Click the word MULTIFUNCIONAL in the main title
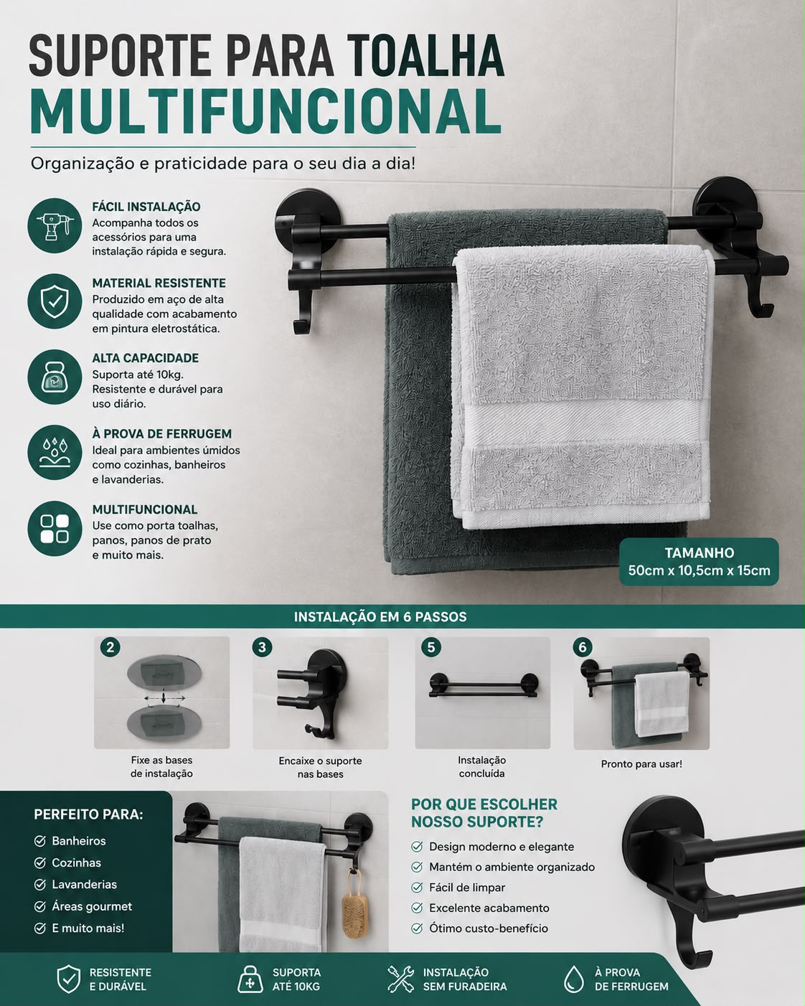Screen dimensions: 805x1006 tap(266, 112)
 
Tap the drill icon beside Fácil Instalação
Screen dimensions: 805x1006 tap(55, 225)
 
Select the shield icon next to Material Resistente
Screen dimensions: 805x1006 tap(55, 301)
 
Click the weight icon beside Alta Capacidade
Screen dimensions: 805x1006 tap(55, 377)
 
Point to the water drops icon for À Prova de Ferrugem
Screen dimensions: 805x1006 tap(55, 453)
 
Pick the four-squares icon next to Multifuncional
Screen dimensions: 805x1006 tap(55, 529)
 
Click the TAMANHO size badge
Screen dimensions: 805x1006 tap(699, 561)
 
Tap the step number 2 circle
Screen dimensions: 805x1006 tap(110, 647)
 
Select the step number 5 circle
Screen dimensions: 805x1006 tap(431, 647)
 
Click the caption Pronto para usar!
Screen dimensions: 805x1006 tap(641, 764)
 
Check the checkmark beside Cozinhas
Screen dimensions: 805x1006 tap(39, 862)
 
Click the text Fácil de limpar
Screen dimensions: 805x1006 tap(467, 888)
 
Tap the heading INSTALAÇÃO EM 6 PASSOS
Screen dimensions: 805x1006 tap(380, 616)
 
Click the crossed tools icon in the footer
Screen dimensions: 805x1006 tap(400, 979)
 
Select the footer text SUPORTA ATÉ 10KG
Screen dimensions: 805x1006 tap(296, 979)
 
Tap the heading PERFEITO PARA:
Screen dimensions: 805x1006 tap(88, 814)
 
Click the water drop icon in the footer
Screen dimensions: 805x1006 tap(573, 979)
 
